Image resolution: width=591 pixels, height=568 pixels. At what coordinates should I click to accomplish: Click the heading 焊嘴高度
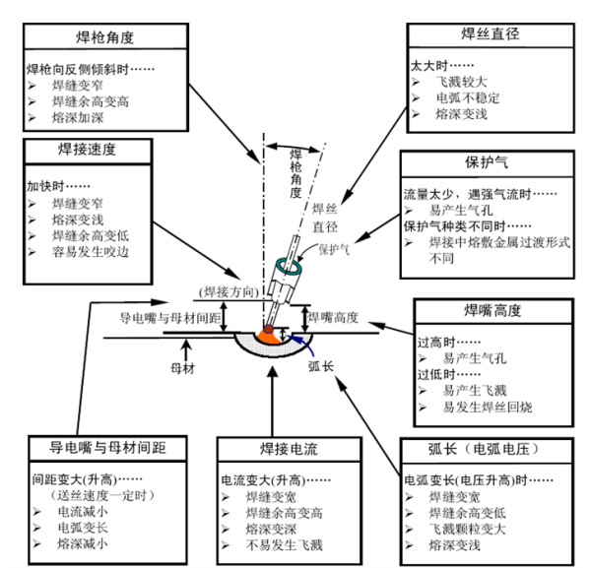tap(493, 310)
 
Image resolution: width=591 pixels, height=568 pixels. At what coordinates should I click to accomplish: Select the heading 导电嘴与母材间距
tap(108, 447)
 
